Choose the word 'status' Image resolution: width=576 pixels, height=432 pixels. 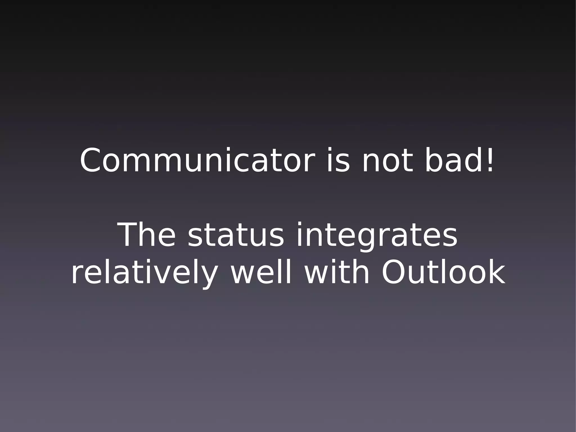click(x=236, y=236)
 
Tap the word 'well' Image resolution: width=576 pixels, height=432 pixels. click(x=261, y=272)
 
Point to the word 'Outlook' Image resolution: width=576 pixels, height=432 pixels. click(x=443, y=272)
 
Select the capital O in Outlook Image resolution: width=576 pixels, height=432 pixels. click(x=394, y=273)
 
